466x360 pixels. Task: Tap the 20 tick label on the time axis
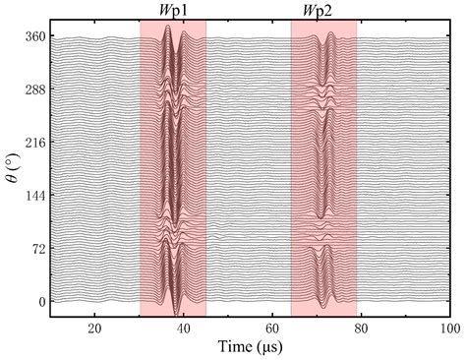(94, 329)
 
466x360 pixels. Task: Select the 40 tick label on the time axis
(184, 329)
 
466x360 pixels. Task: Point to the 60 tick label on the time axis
(272, 329)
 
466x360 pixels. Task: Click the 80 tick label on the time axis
(362, 329)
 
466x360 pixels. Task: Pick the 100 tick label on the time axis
(448, 329)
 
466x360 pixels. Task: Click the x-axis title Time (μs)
(250, 347)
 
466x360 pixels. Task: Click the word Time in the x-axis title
(234, 347)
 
